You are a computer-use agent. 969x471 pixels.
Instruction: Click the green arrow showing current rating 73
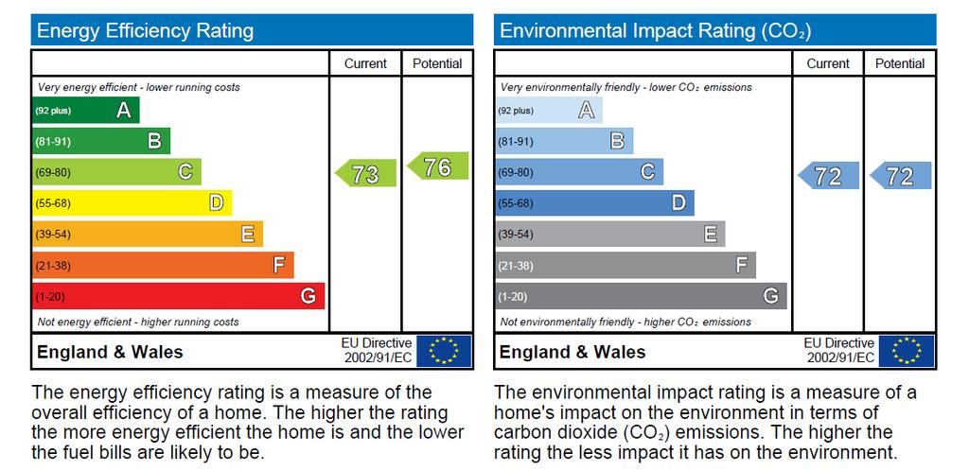(366, 174)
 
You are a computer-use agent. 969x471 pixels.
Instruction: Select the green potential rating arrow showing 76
(438, 166)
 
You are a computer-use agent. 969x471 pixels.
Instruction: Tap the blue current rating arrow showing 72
(829, 176)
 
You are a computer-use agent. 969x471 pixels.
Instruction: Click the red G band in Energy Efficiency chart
(178, 296)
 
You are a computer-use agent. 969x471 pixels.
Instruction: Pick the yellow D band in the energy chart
(132, 203)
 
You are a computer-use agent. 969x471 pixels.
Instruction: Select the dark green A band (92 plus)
(85, 111)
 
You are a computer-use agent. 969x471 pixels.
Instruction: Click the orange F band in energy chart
(163, 266)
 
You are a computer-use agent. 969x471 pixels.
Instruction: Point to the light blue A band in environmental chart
(549, 111)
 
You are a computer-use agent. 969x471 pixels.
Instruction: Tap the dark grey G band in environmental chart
(641, 296)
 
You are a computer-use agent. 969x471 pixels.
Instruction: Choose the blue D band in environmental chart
(594, 203)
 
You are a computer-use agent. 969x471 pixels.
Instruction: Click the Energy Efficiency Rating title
(145, 31)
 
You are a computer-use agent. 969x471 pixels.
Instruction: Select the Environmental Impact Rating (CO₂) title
(655, 31)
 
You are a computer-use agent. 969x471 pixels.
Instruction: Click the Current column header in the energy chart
(365, 63)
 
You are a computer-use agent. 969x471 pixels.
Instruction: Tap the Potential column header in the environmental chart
(900, 63)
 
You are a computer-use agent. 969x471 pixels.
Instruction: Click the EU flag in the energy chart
(444, 351)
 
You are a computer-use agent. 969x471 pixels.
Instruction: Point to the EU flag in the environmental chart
(907, 351)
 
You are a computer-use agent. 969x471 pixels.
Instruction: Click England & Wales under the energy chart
(110, 352)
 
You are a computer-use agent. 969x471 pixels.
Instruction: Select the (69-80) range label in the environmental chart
(516, 173)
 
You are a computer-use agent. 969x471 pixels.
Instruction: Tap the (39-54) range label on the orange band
(53, 235)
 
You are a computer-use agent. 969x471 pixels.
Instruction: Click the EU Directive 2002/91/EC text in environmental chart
(839, 351)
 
